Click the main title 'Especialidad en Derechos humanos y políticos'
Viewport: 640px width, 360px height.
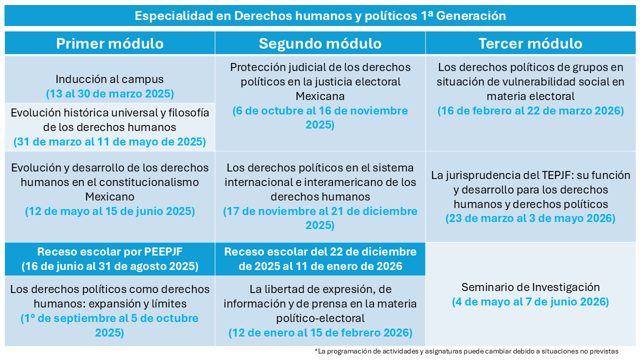click(320, 15)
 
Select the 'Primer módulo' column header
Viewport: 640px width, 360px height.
click(109, 43)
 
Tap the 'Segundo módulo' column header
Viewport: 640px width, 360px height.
click(320, 43)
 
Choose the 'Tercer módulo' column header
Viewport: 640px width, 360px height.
click(530, 43)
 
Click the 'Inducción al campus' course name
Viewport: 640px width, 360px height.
click(109, 79)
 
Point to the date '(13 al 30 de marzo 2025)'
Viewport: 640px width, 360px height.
click(109, 93)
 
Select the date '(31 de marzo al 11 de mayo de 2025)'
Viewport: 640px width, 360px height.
click(109, 142)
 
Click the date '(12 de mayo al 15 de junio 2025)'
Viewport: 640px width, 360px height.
click(109, 211)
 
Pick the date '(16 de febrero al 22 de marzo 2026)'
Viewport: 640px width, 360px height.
click(530, 110)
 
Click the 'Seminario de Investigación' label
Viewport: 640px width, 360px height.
click(530, 287)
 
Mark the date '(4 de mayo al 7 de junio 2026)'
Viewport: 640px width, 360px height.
click(530, 302)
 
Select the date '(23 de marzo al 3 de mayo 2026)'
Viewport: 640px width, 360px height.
click(530, 218)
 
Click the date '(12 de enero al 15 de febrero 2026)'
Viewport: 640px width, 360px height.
click(320, 332)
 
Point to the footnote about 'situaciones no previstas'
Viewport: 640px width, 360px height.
click(466, 351)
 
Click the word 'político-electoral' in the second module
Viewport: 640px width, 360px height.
click(320, 318)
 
